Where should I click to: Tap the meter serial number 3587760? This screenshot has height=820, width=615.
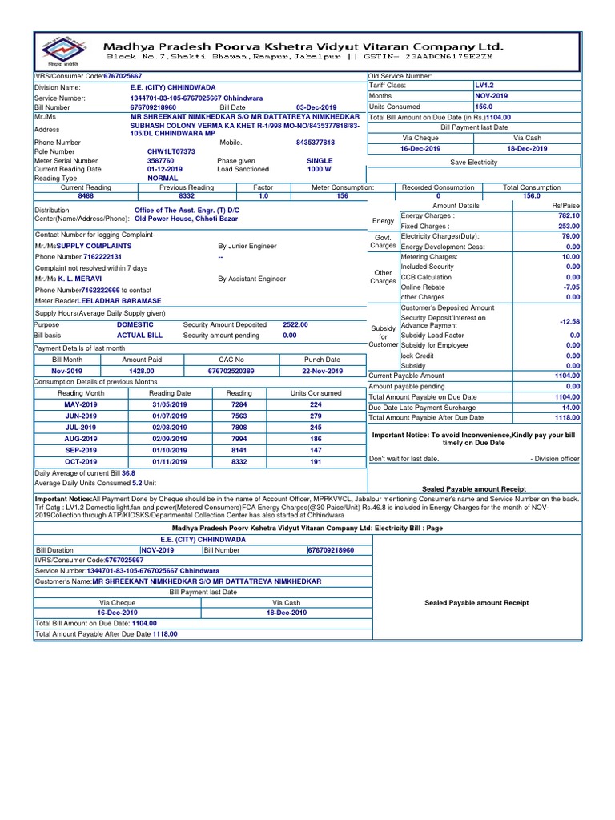(160, 160)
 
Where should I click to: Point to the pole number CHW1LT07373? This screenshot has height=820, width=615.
(171, 151)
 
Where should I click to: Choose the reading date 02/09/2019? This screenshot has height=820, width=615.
(170, 439)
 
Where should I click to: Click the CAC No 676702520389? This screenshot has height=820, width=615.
(231, 371)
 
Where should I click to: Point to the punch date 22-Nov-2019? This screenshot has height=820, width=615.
(322, 371)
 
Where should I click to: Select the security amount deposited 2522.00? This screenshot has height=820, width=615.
(295, 324)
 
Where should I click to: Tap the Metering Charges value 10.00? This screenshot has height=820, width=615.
(571, 256)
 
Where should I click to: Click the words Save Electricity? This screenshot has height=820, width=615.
(473, 162)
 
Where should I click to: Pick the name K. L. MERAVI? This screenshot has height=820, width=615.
(90, 278)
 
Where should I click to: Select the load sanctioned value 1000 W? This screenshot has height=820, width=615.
(319, 169)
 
